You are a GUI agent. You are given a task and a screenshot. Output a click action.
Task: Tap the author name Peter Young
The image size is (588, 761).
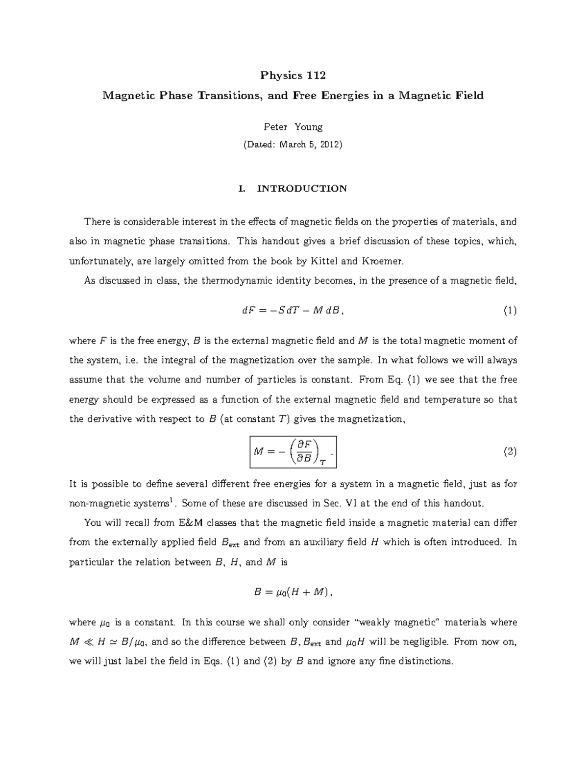293,127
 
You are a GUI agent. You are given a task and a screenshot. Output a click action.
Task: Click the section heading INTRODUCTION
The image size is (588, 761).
302,189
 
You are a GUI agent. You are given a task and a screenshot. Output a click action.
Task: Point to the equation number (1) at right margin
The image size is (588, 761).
510,311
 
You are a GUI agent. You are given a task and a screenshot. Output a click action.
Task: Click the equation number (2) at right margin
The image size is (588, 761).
510,452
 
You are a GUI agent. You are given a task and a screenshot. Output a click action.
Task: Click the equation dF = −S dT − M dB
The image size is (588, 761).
293,311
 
